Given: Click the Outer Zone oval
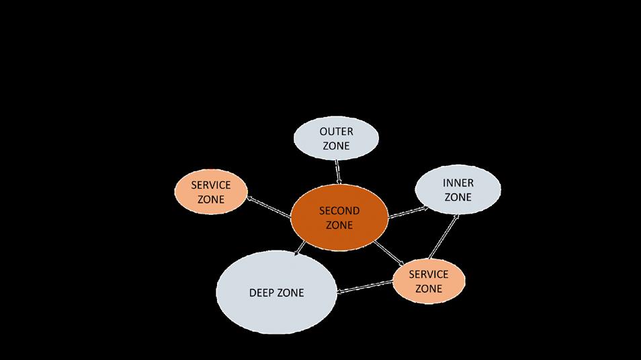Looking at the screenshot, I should pos(336,138).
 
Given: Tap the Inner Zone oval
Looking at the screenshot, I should pos(458,190).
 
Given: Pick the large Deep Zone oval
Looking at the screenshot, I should pos(276,293).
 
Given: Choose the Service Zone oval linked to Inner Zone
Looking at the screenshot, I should pos(428,281).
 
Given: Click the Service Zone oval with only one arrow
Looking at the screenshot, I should pos(210,193).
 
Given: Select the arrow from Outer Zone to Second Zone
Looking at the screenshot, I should pos(338,172).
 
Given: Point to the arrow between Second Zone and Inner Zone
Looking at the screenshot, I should pos(408,212).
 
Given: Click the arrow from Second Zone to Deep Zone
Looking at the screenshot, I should pos(300,249).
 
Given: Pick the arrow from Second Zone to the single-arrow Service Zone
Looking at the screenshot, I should pos(269,208).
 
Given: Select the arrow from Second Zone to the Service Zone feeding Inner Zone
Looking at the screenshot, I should pos(389,252).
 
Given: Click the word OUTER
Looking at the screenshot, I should pos(336,132).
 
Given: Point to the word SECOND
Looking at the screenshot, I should pos(339,210).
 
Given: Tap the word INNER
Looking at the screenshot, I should pos(458,183).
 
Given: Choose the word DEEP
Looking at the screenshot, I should pos(261,293).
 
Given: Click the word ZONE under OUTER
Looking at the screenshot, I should pos(336,146).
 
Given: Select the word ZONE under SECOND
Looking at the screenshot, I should pos(339,225).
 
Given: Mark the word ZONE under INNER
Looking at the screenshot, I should pos(458,197).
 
